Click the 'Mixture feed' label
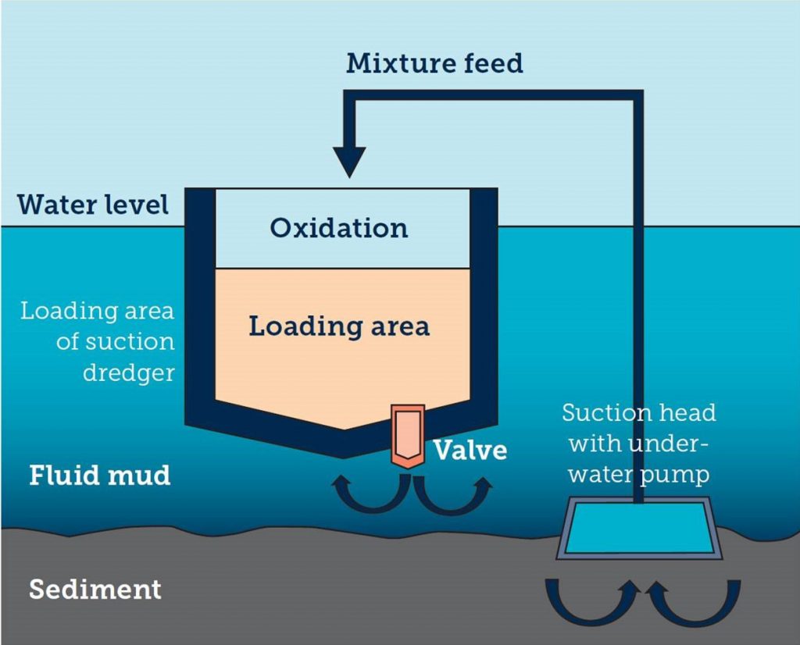coord(434,63)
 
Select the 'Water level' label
coord(93,205)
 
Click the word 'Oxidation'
coord(339,228)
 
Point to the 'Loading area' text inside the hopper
coord(339,326)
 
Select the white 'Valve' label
coord(470,451)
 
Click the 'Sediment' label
coord(95,589)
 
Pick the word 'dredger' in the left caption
coord(128,372)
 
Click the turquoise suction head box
coord(637,528)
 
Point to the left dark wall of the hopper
coord(199,305)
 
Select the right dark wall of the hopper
coord(484,305)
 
